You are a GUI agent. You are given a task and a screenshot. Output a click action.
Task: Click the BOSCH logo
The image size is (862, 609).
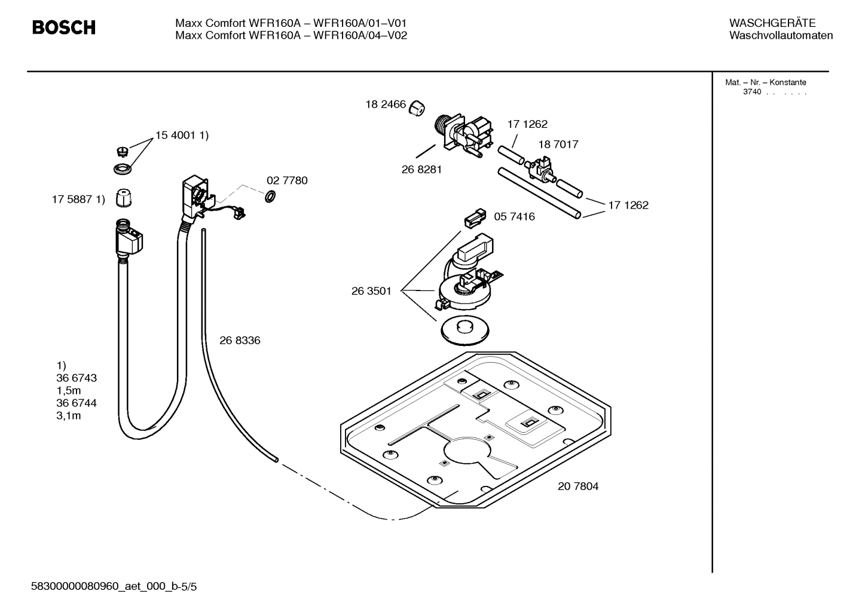63,27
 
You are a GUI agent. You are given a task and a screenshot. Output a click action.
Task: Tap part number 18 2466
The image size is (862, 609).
386,105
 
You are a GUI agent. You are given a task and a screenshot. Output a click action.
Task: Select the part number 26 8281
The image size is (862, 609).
421,170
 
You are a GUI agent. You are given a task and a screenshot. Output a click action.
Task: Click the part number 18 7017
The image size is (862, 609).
558,145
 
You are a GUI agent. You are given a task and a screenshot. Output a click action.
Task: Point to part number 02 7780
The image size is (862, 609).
287,180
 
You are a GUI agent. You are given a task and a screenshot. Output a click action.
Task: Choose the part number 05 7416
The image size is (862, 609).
514,217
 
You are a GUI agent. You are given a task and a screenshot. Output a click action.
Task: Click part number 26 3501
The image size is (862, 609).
371,292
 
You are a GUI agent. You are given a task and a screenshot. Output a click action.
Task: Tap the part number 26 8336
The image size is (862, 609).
240,341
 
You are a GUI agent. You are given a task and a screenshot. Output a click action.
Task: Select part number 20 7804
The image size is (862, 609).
578,486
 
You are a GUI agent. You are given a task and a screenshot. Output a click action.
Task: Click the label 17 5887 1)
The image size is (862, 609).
78,200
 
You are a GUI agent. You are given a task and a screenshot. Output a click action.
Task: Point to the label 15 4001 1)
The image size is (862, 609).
182,136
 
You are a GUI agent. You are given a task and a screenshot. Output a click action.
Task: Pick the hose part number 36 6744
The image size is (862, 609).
77,403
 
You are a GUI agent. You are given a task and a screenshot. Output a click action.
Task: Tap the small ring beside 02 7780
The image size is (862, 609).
270,196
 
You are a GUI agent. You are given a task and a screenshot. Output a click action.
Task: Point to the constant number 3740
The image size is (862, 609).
752,92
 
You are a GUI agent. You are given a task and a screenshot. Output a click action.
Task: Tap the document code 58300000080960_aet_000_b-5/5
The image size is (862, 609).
114,587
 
